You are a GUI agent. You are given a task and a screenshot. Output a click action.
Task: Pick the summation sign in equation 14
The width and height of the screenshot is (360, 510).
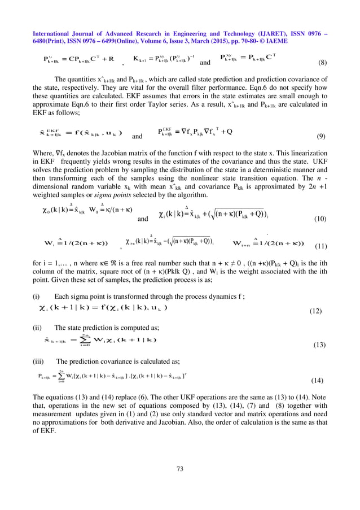click(61, 376)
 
